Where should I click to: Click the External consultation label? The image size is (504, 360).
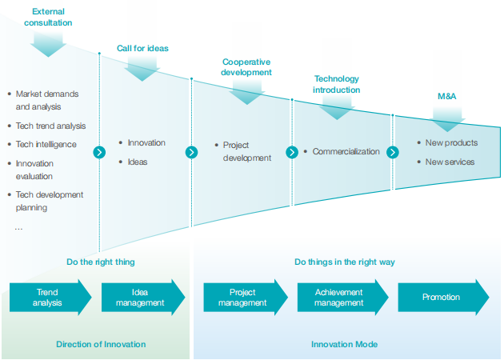point(48,17)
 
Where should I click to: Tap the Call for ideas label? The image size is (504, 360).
point(142,48)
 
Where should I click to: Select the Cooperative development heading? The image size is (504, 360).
point(246,66)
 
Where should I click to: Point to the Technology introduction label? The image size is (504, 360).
point(336,84)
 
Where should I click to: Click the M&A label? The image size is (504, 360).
point(447,96)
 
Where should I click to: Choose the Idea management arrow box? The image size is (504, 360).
point(141,298)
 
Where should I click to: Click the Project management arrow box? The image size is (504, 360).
point(243,298)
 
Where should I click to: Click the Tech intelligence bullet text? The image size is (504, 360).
point(46,145)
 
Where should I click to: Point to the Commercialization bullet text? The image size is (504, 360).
point(346,152)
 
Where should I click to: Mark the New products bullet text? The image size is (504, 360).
point(451,142)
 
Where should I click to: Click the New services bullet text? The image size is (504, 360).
point(450,162)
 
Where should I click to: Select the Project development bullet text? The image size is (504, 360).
point(246,151)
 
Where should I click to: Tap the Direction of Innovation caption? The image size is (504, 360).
point(101,344)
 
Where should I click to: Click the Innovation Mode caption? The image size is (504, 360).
point(344,344)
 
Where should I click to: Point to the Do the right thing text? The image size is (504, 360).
point(100,262)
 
